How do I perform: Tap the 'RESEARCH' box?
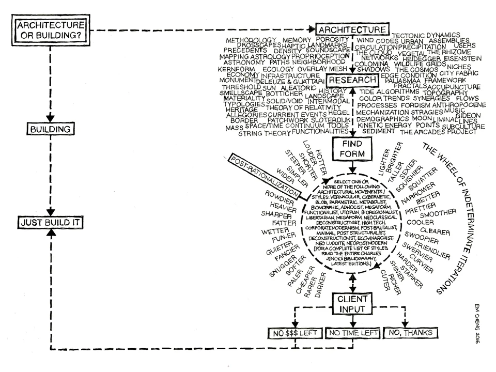(352, 81)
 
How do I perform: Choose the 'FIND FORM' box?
(352, 149)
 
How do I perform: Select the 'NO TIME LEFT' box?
(352, 333)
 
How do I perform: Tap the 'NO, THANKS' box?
(408, 333)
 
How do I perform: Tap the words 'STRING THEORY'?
(264, 133)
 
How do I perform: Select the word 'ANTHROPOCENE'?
(458, 104)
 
